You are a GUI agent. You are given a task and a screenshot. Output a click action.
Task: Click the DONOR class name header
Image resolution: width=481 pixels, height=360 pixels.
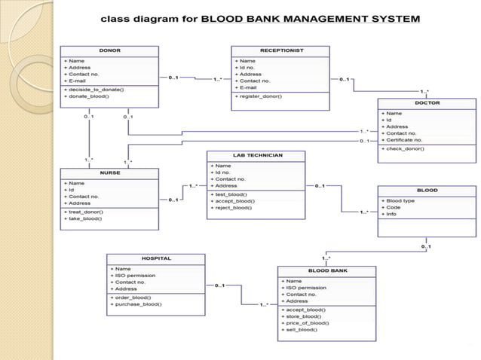pos(109,51)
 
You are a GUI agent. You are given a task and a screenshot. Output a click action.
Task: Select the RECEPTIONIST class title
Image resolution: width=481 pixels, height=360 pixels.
pos(282,51)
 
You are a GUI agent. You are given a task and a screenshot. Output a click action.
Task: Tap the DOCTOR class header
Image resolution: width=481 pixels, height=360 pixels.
pos(427,103)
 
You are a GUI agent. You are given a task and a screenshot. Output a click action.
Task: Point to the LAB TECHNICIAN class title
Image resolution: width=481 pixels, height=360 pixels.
pos(257,155)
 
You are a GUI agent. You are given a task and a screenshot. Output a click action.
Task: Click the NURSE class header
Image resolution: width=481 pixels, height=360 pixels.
pos(110,173)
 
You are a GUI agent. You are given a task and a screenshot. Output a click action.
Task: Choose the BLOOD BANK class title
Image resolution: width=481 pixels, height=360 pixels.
pos(326,270)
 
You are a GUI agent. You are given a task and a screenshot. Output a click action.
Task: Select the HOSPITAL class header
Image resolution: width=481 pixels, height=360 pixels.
pos(156,258)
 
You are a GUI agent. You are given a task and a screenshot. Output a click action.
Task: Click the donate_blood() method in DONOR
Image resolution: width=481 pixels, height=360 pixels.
pos(90,96)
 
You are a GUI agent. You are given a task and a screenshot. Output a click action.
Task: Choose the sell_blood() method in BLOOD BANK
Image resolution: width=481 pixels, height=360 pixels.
pos(301,330)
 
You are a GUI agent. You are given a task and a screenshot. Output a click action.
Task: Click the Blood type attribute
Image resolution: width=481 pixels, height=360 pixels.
pos(400,201)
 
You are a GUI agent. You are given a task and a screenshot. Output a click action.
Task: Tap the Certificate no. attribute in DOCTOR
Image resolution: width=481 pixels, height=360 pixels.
pos(405,139)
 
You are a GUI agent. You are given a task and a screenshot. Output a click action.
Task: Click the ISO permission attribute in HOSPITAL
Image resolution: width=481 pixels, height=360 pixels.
pos(136,276)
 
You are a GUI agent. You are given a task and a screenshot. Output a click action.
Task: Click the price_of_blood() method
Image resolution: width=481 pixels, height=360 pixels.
pos(307,323)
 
